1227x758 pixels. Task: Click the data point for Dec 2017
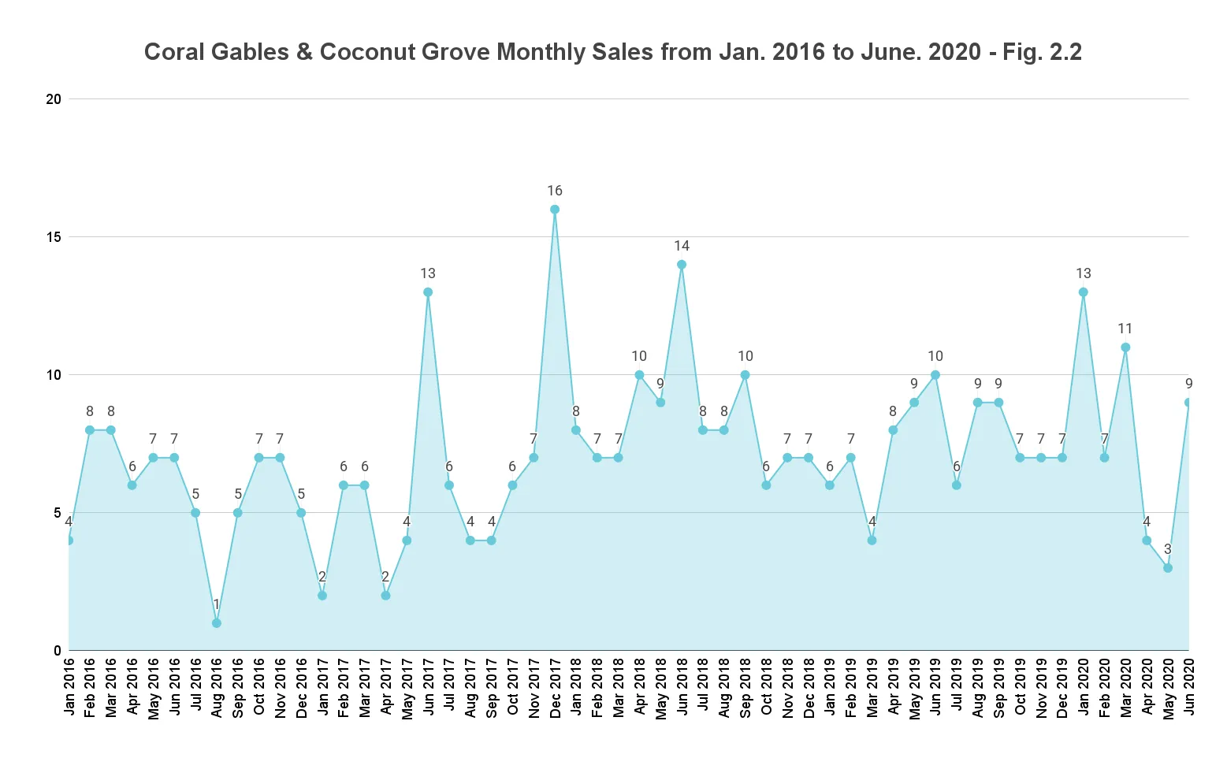(555, 210)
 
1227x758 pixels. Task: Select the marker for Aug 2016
(217, 623)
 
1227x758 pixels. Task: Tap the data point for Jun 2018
(682, 265)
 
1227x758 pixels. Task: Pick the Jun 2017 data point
(428, 292)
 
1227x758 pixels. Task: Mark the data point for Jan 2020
(1084, 292)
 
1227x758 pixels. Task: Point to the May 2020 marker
(1168, 568)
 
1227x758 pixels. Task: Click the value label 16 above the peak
(555, 191)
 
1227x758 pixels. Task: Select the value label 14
(682, 246)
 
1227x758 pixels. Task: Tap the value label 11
(1125, 329)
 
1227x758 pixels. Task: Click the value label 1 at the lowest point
(217, 604)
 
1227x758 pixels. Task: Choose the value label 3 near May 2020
(1168, 549)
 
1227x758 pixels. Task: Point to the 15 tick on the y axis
(54, 237)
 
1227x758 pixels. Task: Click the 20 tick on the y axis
(54, 99)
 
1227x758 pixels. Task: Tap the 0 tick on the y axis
(58, 651)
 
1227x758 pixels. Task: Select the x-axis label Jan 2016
(69, 687)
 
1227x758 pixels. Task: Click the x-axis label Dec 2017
(556, 687)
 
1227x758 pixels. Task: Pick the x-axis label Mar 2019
(872, 687)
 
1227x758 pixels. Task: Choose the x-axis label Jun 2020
(1189, 687)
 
